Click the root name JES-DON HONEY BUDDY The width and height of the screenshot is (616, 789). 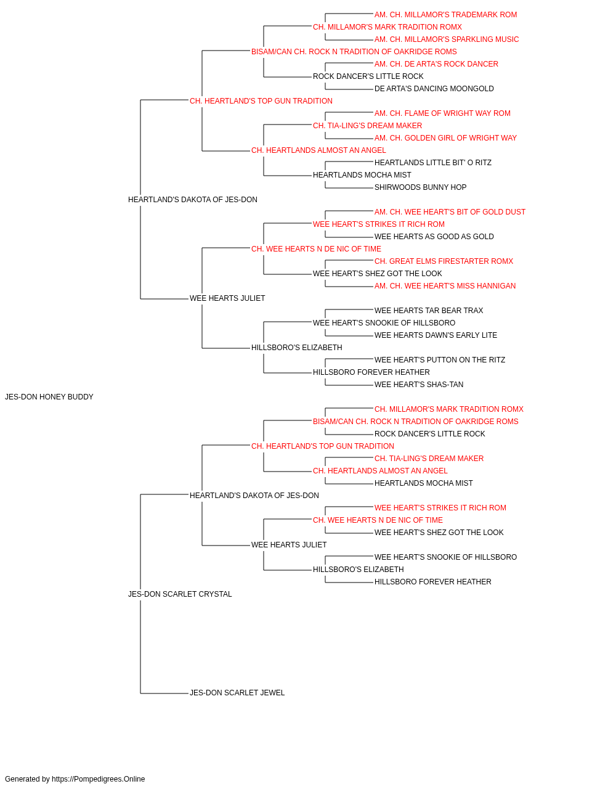click(49, 397)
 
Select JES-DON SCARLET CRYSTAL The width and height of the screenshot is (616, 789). click(180, 594)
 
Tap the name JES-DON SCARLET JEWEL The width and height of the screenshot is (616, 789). click(237, 693)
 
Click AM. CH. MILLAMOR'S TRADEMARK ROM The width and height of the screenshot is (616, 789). click(446, 15)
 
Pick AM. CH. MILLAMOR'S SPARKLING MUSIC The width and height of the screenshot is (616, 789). click(447, 39)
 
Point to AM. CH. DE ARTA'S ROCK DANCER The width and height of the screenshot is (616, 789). click(436, 64)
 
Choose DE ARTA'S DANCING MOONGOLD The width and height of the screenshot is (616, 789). click(434, 89)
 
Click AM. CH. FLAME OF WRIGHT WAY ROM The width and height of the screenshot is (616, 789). click(442, 113)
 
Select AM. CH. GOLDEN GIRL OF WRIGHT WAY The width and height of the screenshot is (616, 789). click(445, 138)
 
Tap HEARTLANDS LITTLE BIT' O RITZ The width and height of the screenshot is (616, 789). click(433, 163)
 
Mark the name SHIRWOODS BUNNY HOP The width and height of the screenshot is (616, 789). click(421, 188)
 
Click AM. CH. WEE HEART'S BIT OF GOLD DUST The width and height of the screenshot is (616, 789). click(450, 212)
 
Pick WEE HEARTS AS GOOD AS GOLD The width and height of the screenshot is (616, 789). click(434, 237)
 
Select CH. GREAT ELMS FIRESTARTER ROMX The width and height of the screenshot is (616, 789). click(444, 261)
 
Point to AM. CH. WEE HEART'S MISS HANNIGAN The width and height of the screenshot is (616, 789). click(445, 286)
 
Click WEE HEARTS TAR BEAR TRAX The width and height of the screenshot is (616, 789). click(429, 311)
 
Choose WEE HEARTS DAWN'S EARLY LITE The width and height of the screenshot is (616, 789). click(436, 335)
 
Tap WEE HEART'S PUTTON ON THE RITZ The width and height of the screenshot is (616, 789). click(440, 360)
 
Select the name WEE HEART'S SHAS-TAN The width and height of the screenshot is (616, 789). click(419, 385)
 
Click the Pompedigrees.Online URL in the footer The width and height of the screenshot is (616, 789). click(99, 779)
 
